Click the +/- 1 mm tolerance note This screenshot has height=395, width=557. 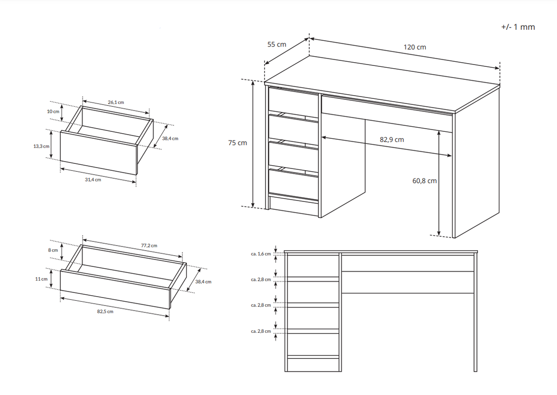click(518, 27)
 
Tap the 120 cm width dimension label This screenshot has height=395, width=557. click(415, 47)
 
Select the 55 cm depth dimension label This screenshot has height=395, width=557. click(277, 45)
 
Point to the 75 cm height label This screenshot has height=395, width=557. click(238, 143)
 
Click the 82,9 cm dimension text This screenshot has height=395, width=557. click(392, 140)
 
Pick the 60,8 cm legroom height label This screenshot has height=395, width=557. click(424, 181)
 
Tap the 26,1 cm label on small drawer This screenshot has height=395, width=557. click(116, 102)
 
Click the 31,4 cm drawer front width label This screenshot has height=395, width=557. click(93, 180)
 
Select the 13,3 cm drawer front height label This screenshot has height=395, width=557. click(41, 146)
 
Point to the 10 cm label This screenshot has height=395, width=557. click(53, 111)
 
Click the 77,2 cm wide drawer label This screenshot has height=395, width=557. click(149, 246)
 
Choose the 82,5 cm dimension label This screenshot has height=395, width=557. click(105, 311)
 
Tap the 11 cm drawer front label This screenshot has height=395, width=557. click(41, 279)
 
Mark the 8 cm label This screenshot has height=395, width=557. click(53, 250)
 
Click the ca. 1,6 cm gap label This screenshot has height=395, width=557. click(261, 254)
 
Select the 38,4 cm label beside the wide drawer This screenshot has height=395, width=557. click(203, 282)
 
